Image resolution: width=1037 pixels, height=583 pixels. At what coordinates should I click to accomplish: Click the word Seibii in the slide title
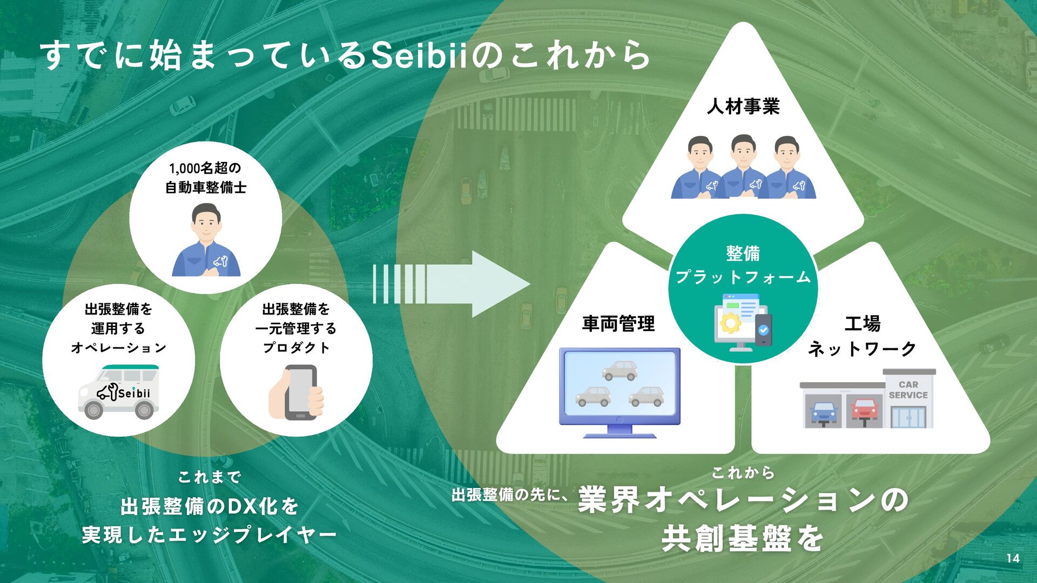point(419,56)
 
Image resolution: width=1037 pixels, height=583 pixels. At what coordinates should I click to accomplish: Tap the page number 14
point(1013,559)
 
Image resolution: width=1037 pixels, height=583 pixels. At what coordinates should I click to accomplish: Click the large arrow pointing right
point(452,284)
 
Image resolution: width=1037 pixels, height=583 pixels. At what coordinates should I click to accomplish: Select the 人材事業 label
point(743,106)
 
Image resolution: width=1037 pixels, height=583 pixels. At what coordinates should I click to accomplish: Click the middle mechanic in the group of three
point(743,167)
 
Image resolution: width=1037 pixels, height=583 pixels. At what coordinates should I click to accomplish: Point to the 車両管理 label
point(618,324)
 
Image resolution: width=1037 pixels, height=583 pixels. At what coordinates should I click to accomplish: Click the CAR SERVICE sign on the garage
point(908,390)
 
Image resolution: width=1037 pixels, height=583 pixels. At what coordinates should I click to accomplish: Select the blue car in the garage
point(824,412)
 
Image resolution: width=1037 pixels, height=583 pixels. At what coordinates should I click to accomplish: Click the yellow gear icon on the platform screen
point(730,323)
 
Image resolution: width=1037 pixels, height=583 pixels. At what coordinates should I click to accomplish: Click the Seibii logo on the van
point(124,393)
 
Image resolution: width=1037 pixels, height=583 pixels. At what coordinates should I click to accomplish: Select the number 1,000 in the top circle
point(184,168)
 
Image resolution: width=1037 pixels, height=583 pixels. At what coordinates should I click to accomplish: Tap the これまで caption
point(209,477)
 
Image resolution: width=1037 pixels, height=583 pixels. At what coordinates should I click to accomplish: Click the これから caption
point(743,473)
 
